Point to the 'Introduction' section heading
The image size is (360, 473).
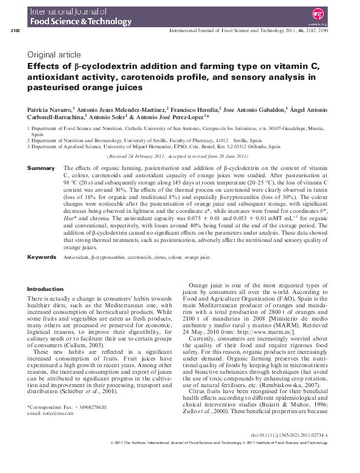click(x=45, y=289)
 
